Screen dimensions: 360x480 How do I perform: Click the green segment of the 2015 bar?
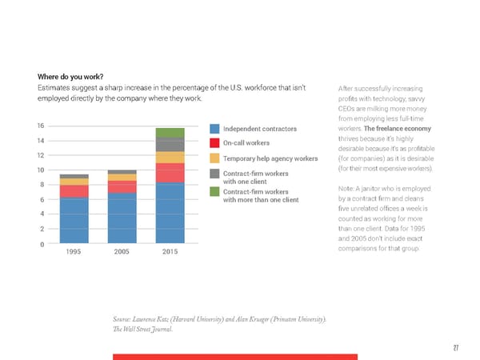(170, 132)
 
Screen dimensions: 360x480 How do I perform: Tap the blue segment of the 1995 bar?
(74, 220)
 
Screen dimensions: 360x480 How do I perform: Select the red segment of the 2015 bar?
(170, 173)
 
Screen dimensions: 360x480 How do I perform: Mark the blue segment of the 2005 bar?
(122, 218)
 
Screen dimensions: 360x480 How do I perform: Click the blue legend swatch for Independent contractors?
(214, 129)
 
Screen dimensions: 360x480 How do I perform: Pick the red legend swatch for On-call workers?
(214, 143)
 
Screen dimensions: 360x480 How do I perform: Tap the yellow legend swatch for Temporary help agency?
(214, 158)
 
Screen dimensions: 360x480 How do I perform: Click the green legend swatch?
(214, 191)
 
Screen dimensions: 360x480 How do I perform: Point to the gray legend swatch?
(214, 174)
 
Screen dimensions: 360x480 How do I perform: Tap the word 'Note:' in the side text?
(348, 189)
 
